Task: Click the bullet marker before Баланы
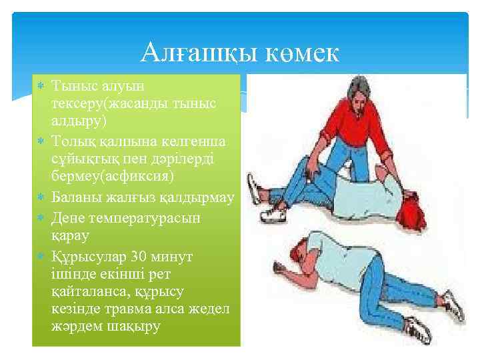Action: click(41, 198)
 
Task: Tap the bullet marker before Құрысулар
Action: click(41, 257)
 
